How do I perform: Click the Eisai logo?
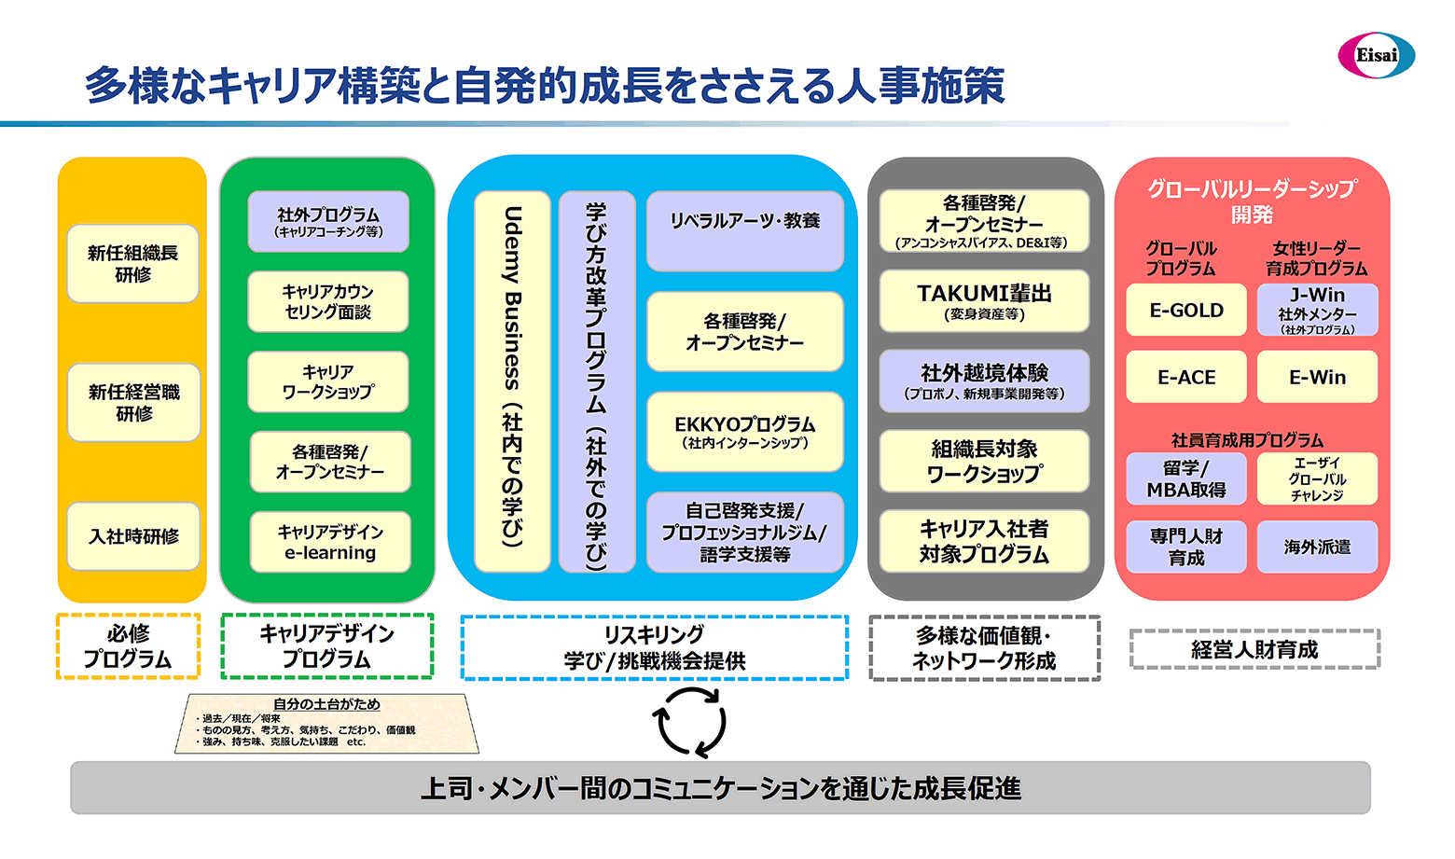[x=1376, y=56]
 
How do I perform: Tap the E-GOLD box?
[x=1185, y=311]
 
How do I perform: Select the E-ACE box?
[x=1185, y=378]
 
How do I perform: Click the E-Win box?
[x=1317, y=378]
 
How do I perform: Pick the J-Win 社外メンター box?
[x=1317, y=311]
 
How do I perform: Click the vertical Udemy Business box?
[x=512, y=381]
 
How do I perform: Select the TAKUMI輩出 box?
[x=984, y=301]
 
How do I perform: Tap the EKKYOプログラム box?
[x=744, y=432]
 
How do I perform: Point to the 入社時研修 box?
[x=133, y=536]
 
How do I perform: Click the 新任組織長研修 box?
[x=132, y=264]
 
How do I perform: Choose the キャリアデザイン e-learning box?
[x=330, y=542]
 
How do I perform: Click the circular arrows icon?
[x=690, y=722]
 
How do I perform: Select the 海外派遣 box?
[x=1317, y=547]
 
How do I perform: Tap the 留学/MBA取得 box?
[x=1185, y=479]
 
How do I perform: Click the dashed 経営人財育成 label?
[x=1254, y=649]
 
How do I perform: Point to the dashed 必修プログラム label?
[x=129, y=646]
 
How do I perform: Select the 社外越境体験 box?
[x=984, y=381]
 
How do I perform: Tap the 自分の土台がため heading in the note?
[x=326, y=704]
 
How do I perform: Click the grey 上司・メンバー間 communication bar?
[x=720, y=788]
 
